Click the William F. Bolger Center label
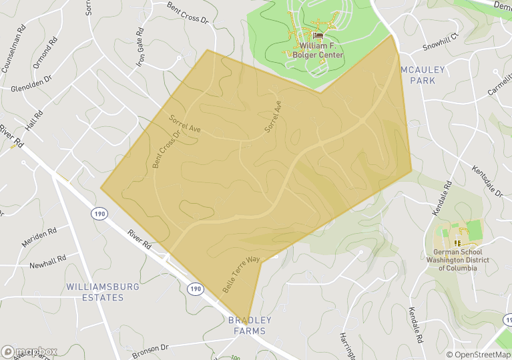click(321, 50)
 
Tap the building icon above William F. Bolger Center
click(318, 36)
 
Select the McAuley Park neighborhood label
click(418, 75)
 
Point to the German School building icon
click(457, 242)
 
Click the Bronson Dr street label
click(150, 348)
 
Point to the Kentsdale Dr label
click(487, 182)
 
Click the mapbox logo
click(29, 351)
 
